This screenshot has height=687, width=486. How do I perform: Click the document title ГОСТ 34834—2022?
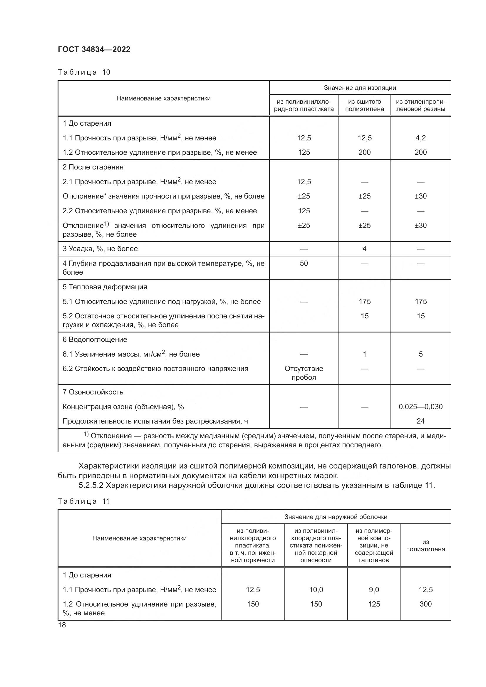coord(94,49)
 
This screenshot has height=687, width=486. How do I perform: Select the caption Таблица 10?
coord(84,72)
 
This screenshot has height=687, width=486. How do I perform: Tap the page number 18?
coord(62,625)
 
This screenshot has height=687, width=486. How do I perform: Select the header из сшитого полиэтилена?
coord(364,105)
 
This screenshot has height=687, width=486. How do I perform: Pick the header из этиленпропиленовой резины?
coord(420,105)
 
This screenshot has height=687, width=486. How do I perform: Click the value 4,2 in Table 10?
coord(420,138)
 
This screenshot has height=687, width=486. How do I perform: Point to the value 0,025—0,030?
coord(420,407)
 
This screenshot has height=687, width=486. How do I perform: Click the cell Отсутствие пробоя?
coord(304,373)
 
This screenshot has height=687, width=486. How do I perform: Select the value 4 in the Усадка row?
coord(364,249)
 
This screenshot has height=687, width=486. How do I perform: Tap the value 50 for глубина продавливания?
coord(304,263)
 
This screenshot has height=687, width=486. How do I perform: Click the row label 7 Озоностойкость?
coord(93,392)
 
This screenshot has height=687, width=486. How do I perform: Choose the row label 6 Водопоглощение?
coord(95,340)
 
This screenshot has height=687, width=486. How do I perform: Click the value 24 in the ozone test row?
coord(420,421)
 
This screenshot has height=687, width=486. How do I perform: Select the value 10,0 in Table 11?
coord(316,589)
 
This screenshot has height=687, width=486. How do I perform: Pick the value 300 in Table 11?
coord(425,604)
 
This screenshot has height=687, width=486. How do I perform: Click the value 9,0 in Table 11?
coord(374,589)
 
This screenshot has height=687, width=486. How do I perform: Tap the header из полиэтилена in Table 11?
coord(425,545)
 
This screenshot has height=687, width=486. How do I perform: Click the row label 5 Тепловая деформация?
coord(105,287)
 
